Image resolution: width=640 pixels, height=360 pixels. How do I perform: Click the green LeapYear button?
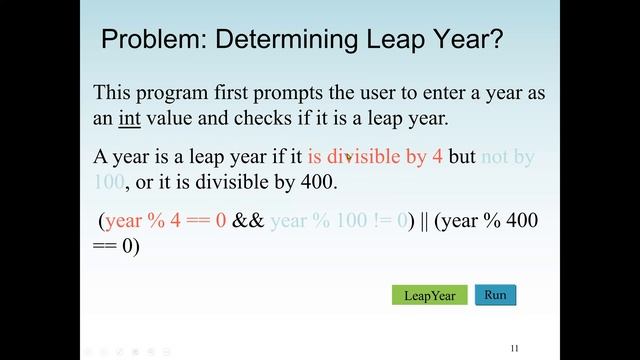(x=429, y=296)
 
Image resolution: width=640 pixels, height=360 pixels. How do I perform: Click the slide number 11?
(x=514, y=348)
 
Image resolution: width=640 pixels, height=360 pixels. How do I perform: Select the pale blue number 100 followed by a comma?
(x=109, y=183)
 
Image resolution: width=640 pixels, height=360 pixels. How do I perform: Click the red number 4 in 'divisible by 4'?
(x=438, y=157)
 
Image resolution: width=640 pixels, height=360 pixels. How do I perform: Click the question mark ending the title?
(x=495, y=41)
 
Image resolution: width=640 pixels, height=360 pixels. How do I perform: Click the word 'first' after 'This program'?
(x=238, y=93)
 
